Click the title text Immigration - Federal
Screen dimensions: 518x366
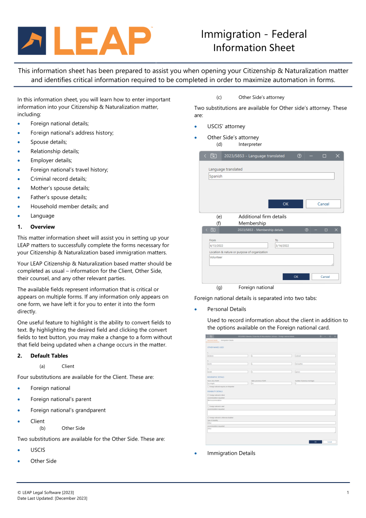(253, 34)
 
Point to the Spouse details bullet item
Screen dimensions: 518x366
(49, 142)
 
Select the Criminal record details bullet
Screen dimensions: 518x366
(58, 179)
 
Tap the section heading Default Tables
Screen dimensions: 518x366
(49, 356)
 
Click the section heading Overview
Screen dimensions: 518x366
(43, 227)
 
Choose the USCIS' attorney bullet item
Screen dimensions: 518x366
(226, 127)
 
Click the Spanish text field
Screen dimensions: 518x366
(271, 176)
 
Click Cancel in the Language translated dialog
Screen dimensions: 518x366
(323, 204)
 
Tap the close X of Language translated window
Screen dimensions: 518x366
(337, 156)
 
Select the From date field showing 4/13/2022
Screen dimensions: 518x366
(238, 245)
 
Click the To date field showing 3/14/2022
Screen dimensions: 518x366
(304, 245)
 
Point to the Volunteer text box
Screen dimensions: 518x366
(271, 260)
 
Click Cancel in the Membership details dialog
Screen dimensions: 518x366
(325, 277)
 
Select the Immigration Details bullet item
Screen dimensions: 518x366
(231, 453)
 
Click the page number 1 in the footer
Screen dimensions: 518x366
(348, 493)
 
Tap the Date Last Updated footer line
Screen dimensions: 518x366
(52, 499)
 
